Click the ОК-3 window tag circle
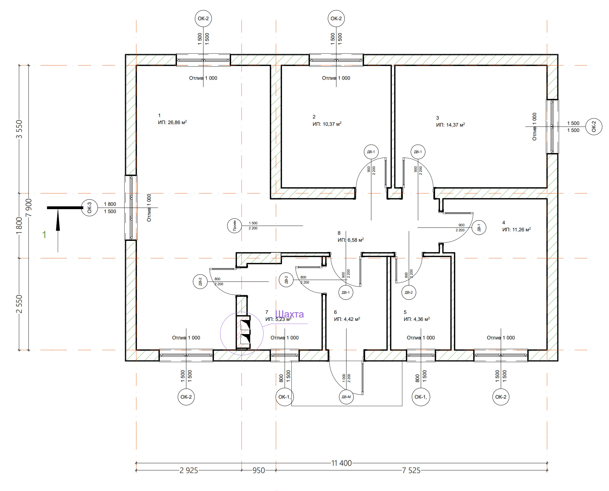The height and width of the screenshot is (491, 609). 89,207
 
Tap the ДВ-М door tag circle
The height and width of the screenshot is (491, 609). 346,397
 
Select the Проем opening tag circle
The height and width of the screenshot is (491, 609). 235,226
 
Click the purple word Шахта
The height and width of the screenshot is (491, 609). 289,314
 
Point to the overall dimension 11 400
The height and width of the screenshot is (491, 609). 341,463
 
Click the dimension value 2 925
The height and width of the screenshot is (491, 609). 189,470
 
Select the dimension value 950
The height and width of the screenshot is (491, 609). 259,470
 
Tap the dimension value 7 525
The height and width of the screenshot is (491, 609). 411,470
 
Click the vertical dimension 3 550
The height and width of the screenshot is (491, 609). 19,129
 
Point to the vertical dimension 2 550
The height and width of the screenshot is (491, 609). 19,304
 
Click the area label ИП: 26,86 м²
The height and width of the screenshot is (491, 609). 173,122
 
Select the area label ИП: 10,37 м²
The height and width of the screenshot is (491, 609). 327,124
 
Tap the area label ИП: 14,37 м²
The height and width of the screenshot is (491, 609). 451,125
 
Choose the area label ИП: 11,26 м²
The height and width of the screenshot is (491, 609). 517,229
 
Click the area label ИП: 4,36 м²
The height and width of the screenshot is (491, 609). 417,319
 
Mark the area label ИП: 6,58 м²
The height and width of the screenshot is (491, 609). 351,240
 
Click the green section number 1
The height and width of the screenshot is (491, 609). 44,234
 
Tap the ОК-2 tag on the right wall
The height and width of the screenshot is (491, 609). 594,126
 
